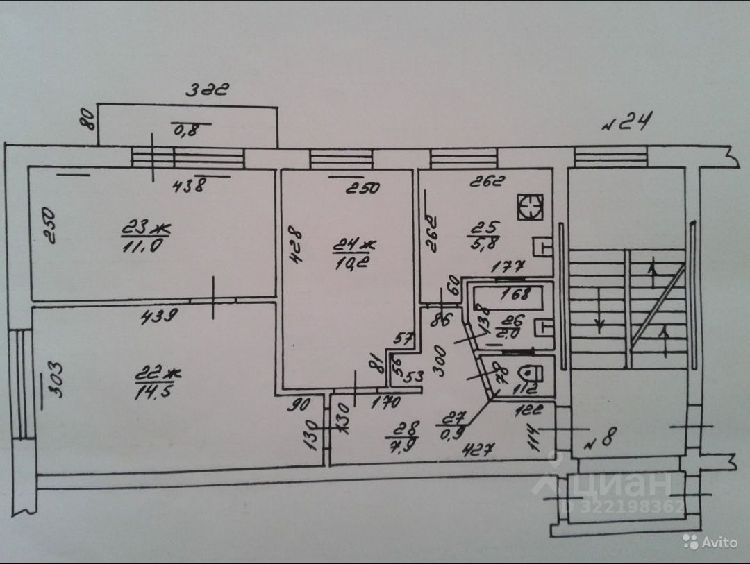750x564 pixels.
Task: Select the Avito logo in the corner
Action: point(709,541)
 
